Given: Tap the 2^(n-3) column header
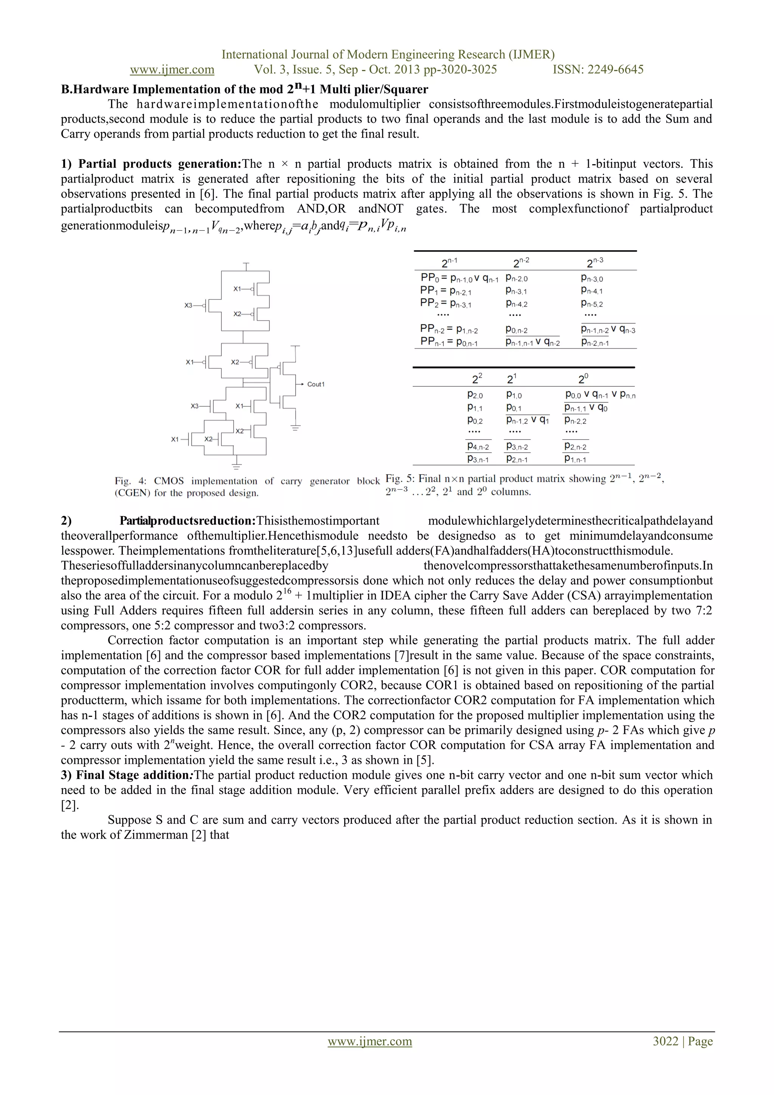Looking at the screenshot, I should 595,263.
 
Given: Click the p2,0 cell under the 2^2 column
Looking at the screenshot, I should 475,396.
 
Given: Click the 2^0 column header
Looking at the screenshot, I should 584,379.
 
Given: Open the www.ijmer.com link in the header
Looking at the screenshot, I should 172,70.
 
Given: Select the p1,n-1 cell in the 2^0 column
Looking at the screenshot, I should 575,459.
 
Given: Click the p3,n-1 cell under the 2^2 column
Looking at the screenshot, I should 478,459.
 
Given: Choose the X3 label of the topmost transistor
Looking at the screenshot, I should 188,305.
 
